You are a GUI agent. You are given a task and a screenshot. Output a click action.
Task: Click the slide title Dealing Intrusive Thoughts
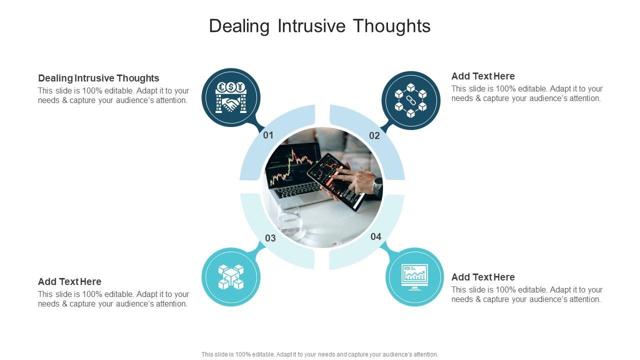coord(319,26)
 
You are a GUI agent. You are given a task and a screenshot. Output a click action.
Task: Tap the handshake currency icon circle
coord(231,97)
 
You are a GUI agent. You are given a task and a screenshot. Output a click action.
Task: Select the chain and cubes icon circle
coord(410,100)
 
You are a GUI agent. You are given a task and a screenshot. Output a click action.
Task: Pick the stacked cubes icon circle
coord(231,277)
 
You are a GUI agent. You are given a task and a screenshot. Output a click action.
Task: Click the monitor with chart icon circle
coord(414,276)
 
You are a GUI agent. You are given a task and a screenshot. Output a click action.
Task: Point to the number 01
coord(268,135)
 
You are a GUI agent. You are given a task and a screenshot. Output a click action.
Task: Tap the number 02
coord(374,135)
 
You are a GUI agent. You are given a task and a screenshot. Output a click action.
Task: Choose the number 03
coord(270,238)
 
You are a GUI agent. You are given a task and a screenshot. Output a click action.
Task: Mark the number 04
coord(376,236)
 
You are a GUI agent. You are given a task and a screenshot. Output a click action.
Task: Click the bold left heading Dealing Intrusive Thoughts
coord(98,78)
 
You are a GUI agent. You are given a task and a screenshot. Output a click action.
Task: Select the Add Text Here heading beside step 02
coord(483,76)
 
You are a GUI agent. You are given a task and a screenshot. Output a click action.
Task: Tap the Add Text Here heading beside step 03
coord(69,281)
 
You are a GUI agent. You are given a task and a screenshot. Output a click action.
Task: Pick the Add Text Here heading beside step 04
coord(483,277)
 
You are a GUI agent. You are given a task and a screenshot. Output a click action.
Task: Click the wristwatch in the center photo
coord(377,186)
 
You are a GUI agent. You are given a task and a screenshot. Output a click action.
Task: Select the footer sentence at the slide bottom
coord(319,354)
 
